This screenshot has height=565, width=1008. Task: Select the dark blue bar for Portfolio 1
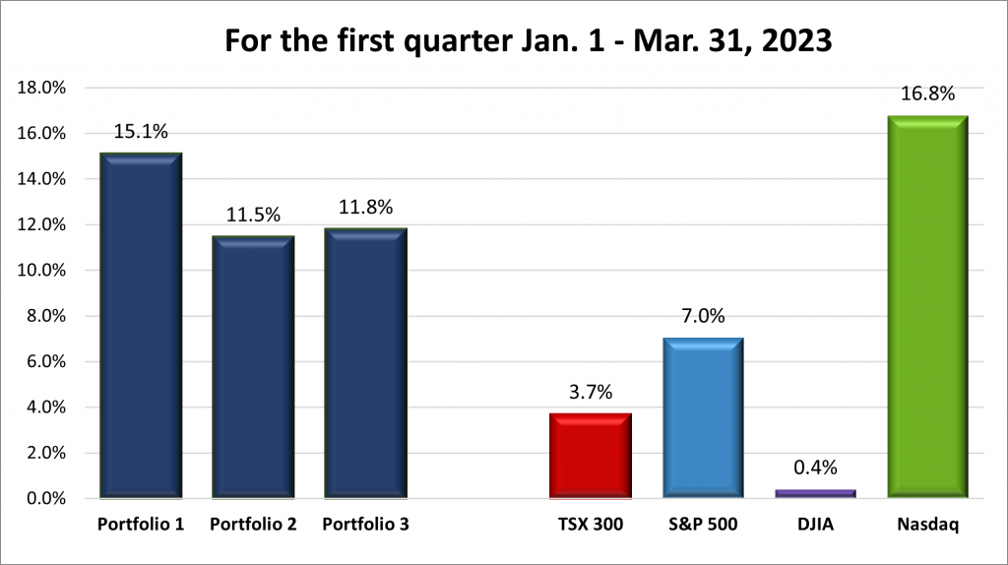[141, 325]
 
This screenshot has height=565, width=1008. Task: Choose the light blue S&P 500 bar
[703, 418]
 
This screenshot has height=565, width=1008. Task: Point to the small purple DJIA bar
[815, 493]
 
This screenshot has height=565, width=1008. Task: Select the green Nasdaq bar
[927, 306]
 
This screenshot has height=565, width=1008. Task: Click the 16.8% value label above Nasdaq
[927, 95]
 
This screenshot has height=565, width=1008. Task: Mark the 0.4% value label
[815, 470]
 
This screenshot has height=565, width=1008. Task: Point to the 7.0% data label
[703, 316]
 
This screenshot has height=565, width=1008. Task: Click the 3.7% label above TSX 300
[591, 392]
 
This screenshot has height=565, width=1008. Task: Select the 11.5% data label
[253, 215]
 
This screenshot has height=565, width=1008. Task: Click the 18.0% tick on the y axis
[41, 88]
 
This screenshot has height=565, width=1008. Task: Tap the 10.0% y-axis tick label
[41, 271]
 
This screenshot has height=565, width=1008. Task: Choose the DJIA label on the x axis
[815, 525]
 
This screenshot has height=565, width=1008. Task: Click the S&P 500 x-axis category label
[703, 525]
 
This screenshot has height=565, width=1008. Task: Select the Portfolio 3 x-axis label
[365, 525]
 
